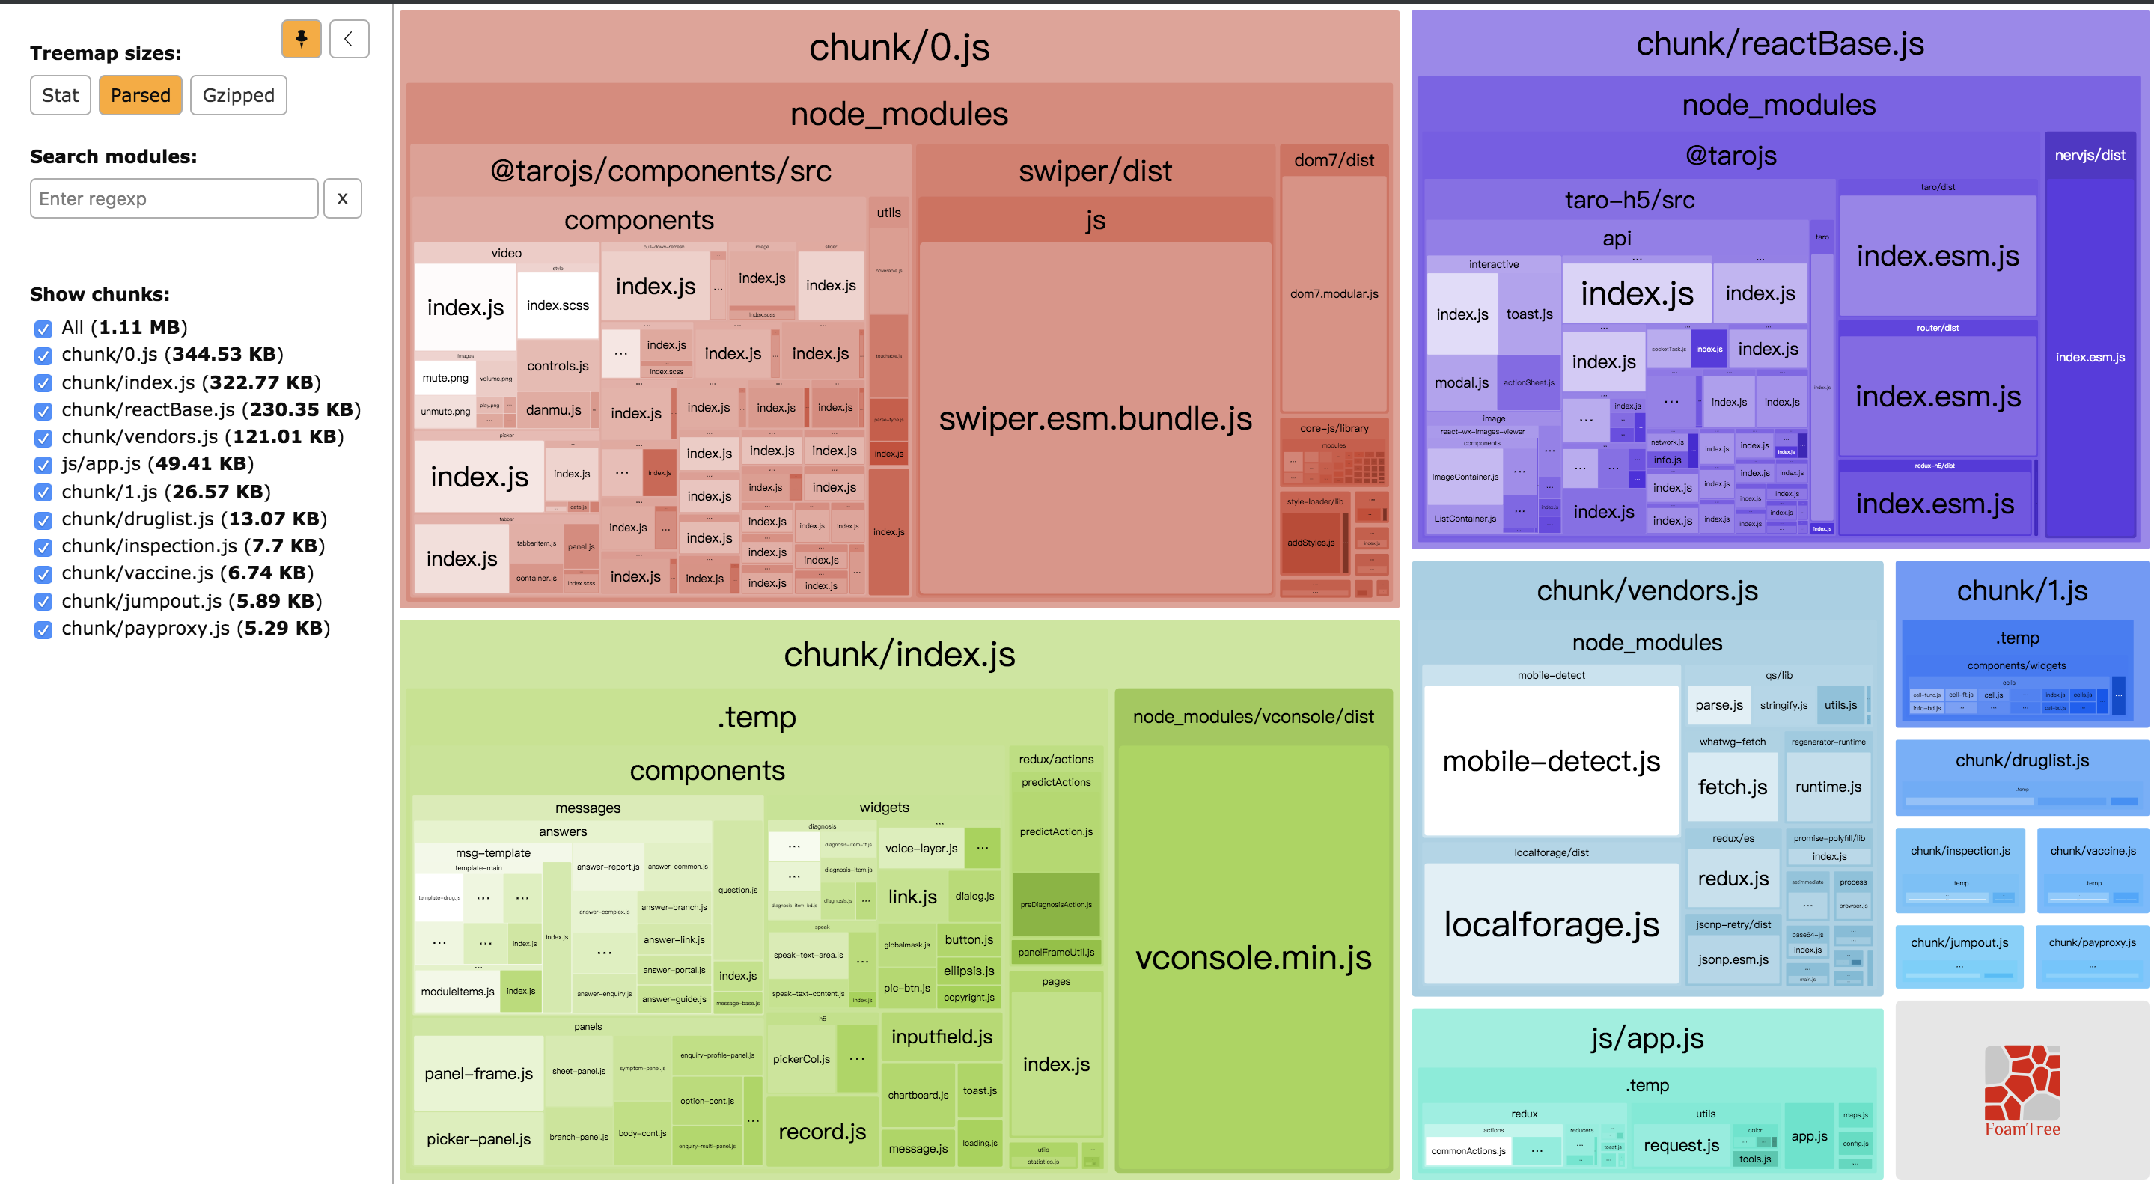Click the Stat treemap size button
60,95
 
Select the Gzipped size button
238,95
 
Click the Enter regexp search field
174,198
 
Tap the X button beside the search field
342,198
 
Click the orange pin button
301,38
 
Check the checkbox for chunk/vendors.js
43,437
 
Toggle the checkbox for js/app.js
43,465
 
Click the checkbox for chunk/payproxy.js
43,629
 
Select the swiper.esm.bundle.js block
1094,418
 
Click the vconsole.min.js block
1253,956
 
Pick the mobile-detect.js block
1551,761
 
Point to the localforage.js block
1551,924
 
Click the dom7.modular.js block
1334,293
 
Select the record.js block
822,1132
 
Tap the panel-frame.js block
478,1074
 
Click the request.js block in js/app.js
1681,1146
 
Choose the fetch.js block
1732,787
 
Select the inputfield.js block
942,1037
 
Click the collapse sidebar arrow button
349,38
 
